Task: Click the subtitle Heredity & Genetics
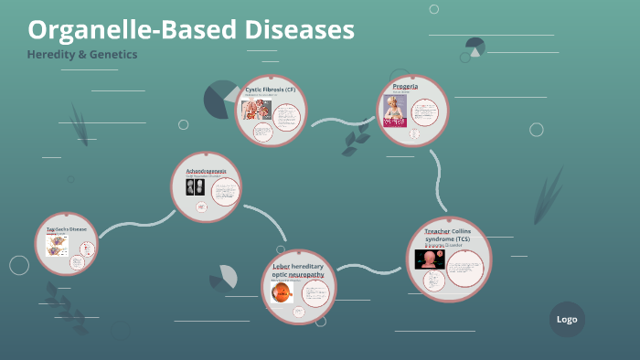[82, 55]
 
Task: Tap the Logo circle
[567, 319]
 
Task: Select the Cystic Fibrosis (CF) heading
[271, 90]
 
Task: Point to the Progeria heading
[406, 85]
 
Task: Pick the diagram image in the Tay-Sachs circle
[59, 245]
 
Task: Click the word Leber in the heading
[282, 265]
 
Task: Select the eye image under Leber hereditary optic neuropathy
[282, 292]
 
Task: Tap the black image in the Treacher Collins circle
[430, 259]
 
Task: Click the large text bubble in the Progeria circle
[426, 114]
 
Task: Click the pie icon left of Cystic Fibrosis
[220, 99]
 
